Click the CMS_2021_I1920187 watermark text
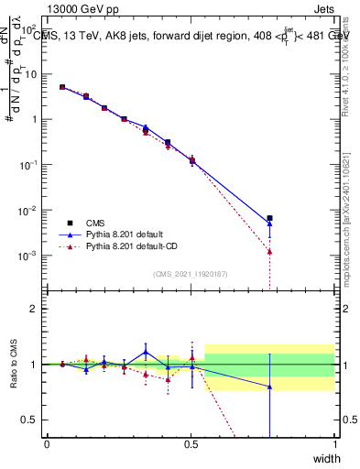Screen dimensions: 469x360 pos(190,273)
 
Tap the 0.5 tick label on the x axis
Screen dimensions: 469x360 pos(191,443)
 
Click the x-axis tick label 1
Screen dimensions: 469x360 pos(334,443)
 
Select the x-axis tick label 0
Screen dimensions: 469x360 pos(48,443)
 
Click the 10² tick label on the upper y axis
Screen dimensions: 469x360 pos(34,74)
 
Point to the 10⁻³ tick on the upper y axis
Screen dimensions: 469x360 pos(34,255)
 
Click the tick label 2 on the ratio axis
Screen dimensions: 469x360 pos(38,309)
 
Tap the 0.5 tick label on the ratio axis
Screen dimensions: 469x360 pos(34,420)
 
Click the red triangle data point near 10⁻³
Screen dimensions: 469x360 pos(269,251)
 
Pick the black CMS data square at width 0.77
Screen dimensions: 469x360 pos(269,218)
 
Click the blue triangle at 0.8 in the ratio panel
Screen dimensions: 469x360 pos(269,387)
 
